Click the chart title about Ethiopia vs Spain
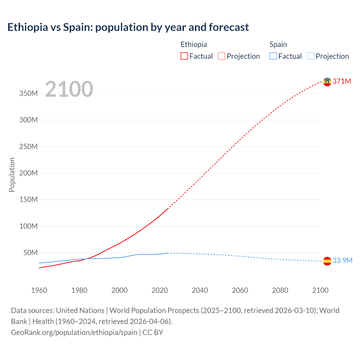[x=128, y=27]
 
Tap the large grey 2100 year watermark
[x=69, y=89]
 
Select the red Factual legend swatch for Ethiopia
[x=184, y=56]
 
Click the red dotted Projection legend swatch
[x=222, y=56]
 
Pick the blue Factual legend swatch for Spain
[x=273, y=56]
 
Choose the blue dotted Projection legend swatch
[x=311, y=56]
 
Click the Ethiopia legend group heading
[x=193, y=44]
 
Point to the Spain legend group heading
[x=278, y=44]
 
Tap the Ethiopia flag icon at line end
[x=327, y=82]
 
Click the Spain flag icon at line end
[x=327, y=261]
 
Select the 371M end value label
[x=342, y=81]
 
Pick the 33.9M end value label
[x=342, y=260]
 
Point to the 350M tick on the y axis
[x=28, y=93]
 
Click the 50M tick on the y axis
[x=30, y=253]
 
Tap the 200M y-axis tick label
[x=28, y=173]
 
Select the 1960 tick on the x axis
[x=39, y=290]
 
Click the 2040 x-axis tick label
[x=200, y=290]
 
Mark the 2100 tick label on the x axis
[x=320, y=290]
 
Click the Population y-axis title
[x=12, y=175]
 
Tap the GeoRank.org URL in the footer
[x=74, y=332]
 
